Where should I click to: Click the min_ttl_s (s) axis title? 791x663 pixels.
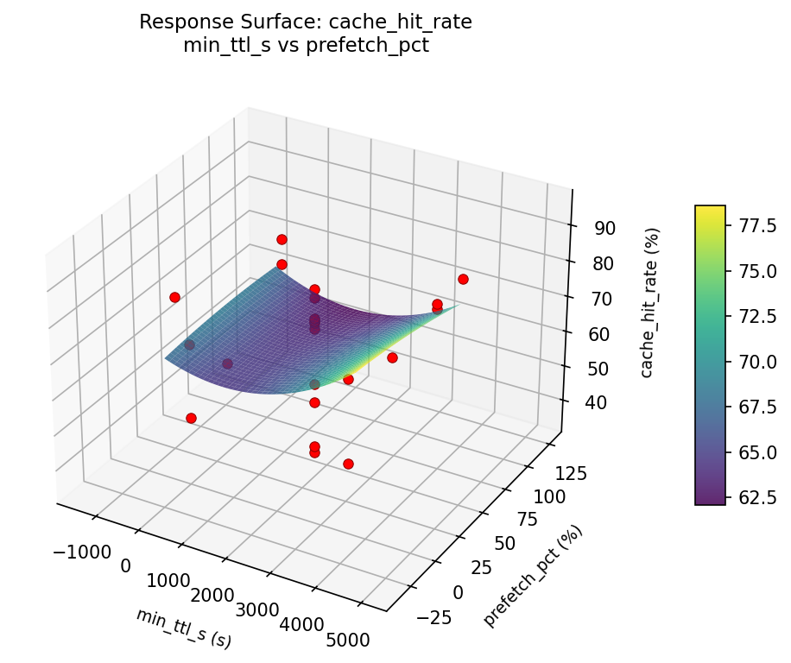183,628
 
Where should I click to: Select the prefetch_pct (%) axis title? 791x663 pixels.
533,576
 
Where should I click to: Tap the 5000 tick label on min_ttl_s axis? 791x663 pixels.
349,640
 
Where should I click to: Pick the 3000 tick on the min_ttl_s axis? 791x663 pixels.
257,610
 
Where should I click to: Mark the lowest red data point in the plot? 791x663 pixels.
348,464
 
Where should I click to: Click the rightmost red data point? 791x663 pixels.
463,279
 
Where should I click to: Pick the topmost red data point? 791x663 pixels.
282,239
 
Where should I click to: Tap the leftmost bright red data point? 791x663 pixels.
174,297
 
